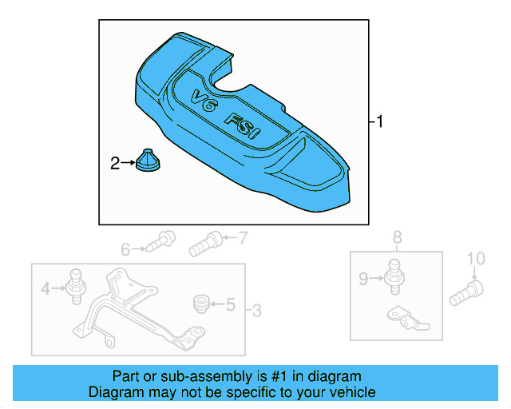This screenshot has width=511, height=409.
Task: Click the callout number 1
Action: pos(379,121)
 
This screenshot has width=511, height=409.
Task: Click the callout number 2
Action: pos(115,164)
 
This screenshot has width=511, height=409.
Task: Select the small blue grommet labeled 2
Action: pos(148,160)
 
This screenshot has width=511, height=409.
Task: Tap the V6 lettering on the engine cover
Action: pos(204,101)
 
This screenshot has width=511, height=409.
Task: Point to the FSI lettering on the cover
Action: pos(243,126)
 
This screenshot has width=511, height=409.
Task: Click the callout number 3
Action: pos(257,311)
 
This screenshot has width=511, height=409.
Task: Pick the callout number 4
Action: pos(46,288)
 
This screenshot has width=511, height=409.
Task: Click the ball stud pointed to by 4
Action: pos(76,287)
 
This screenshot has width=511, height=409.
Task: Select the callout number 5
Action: pos(231,304)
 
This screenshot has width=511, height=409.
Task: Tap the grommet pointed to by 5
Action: pos(202,304)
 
